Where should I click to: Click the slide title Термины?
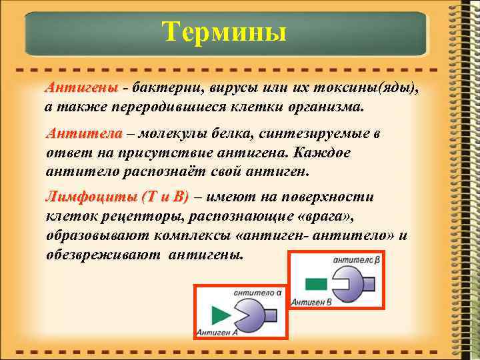pyautogui.click(x=225, y=31)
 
